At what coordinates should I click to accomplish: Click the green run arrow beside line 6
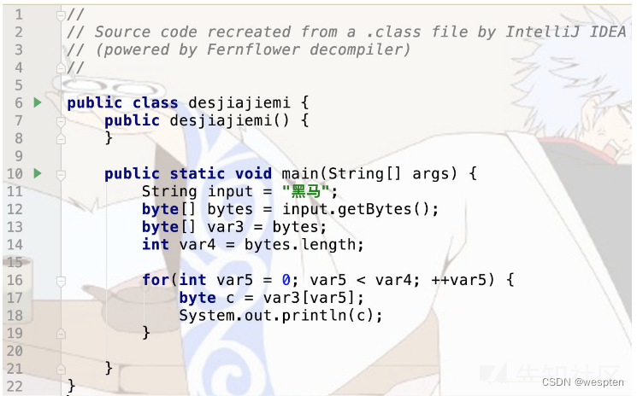37,102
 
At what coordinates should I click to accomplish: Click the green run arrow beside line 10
37,173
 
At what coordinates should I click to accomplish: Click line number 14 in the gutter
15,245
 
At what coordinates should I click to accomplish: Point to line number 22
15,386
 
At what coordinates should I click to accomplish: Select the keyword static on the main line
198,173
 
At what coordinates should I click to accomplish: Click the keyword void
254,173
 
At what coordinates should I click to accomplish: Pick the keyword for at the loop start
156,280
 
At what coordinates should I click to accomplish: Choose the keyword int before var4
156,245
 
